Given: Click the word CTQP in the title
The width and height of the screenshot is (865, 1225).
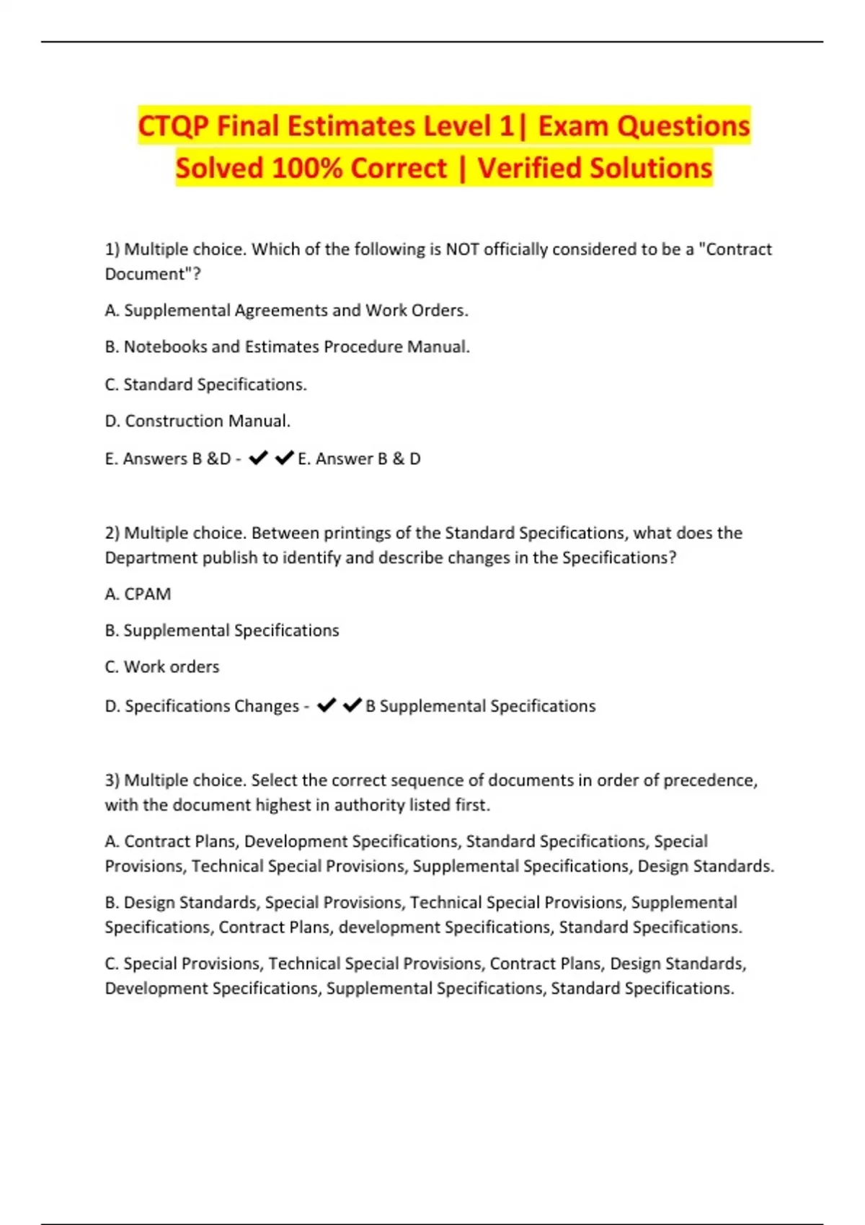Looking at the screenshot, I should click(173, 126).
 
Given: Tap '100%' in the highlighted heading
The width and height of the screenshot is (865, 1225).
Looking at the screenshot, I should click(306, 169).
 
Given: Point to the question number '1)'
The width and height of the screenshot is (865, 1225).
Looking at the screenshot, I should click(112, 249).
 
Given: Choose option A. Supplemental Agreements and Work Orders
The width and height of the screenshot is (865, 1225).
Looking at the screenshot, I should click(286, 311).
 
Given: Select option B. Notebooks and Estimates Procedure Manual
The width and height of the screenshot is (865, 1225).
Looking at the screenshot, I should click(287, 347).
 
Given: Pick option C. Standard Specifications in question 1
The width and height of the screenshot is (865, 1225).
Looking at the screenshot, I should click(205, 385).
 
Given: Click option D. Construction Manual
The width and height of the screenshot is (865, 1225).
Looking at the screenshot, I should click(198, 421).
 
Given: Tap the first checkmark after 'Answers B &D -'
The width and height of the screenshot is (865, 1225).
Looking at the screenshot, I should click(258, 458).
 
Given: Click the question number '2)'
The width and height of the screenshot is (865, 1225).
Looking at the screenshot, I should click(112, 533).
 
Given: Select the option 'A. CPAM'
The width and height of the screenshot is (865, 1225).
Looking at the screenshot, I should click(138, 594).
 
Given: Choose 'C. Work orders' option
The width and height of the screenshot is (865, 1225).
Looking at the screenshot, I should click(162, 667).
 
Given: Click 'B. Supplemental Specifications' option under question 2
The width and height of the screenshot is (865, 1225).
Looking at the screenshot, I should click(222, 631).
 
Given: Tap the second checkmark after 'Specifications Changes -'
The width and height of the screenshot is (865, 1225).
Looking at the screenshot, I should click(352, 705).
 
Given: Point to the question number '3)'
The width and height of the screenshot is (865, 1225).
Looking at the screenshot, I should click(112, 780).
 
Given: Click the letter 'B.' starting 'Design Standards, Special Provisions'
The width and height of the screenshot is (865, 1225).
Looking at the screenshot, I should click(112, 903).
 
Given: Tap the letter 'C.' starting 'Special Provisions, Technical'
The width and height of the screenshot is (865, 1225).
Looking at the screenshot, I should click(112, 964).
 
